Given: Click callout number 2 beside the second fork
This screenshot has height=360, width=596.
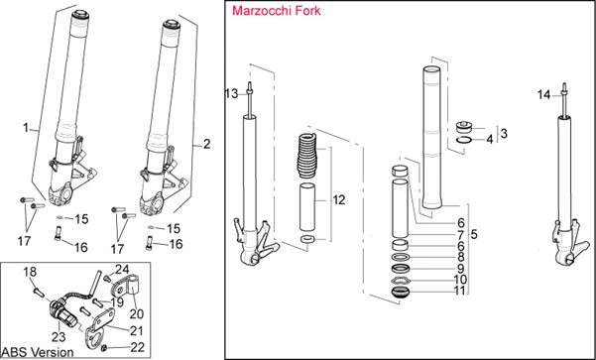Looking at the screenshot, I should pos(206,144).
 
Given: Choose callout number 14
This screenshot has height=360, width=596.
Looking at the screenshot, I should pos(542,95).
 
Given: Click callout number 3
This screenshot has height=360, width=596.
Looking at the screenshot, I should pos(503,132).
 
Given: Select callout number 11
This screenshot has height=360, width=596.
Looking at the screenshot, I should pos(459,292).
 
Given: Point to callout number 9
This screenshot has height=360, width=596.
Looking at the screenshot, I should pos(459,268).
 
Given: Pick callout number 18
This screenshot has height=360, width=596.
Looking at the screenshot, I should pos(29,271).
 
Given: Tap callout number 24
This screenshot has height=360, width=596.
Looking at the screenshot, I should pos(123,269).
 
